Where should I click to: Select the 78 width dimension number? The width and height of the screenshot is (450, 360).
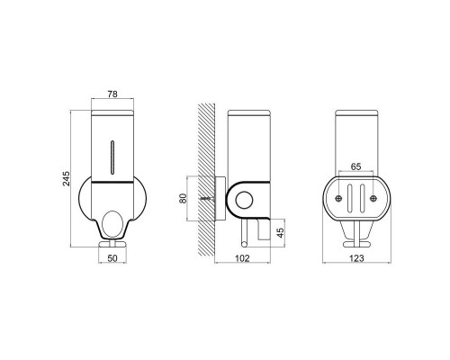click(112, 94)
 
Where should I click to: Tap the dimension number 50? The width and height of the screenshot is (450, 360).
click(112, 258)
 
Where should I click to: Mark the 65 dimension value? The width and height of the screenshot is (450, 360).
click(355, 168)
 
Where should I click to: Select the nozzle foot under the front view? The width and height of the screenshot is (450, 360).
click(112, 242)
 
